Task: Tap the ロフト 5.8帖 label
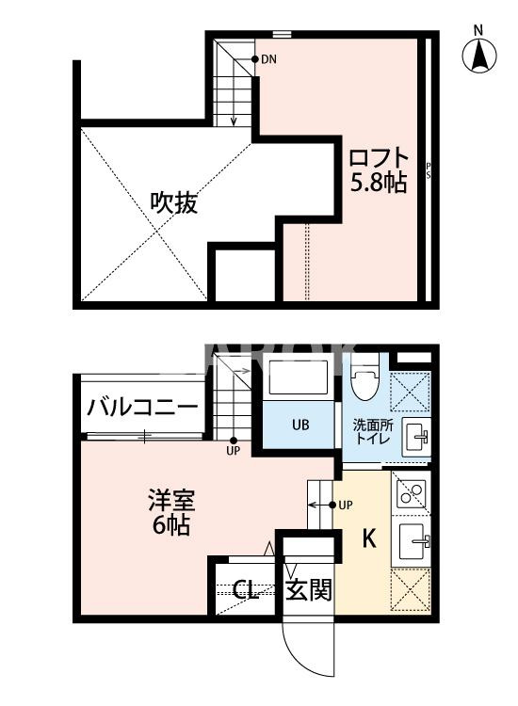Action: click(380, 169)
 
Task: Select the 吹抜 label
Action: click(174, 202)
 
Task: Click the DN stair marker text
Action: click(268, 59)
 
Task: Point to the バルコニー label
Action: click(142, 407)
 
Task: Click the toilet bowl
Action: click(364, 384)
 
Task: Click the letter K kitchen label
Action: click(370, 539)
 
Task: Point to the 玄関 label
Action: click(309, 590)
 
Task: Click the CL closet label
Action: click(247, 591)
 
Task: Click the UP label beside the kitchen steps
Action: click(346, 505)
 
